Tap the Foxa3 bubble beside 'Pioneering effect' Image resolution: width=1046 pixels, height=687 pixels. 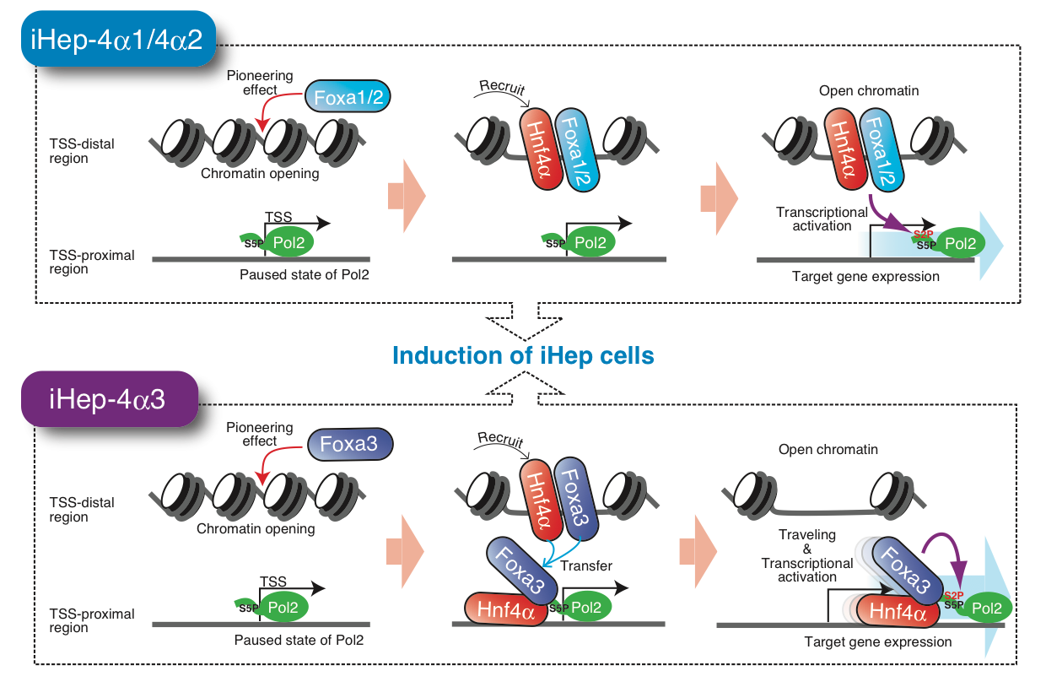coord(348,444)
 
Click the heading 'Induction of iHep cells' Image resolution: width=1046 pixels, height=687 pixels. coord(523,355)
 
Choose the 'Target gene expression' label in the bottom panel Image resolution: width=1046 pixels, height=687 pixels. coord(877,642)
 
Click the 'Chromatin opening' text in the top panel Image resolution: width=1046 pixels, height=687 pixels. coord(260,175)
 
